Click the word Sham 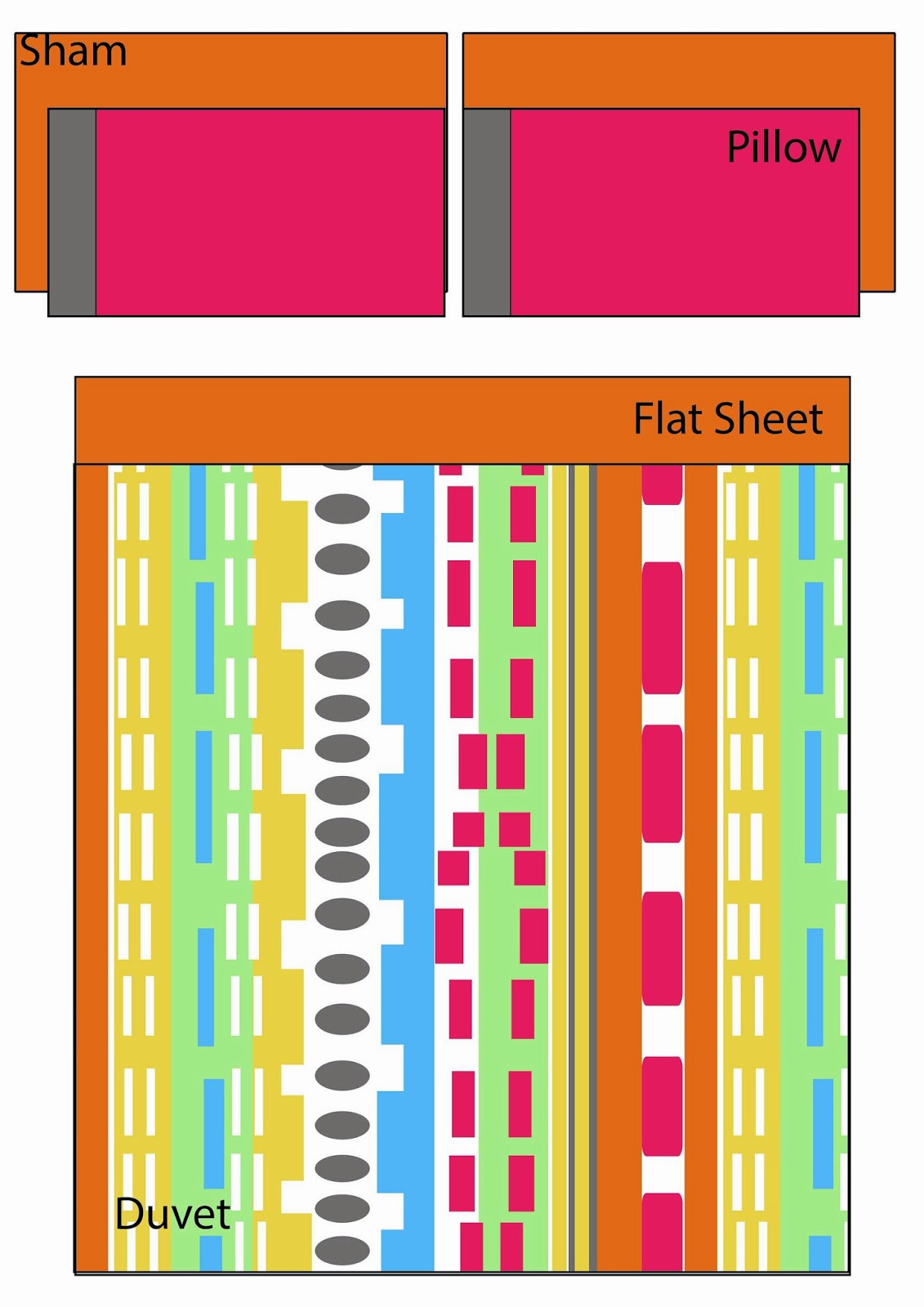pyautogui.click(x=73, y=51)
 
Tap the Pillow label pyautogui.click(x=783, y=148)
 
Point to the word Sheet pyautogui.click(x=768, y=419)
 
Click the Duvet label pyautogui.click(x=172, y=1214)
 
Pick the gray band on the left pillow pyautogui.click(x=73, y=212)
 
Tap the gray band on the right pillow pyautogui.click(x=487, y=212)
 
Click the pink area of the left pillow pyautogui.click(x=270, y=212)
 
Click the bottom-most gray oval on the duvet pyautogui.click(x=342, y=1251)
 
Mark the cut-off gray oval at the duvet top pyautogui.click(x=342, y=468)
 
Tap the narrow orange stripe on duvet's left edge pyautogui.click(x=92, y=866)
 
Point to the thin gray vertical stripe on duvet pyautogui.click(x=592, y=866)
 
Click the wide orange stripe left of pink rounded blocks pyautogui.click(x=619, y=866)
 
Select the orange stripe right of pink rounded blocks pyautogui.click(x=700, y=866)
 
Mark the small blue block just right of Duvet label pyautogui.click(x=211, y=1253)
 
